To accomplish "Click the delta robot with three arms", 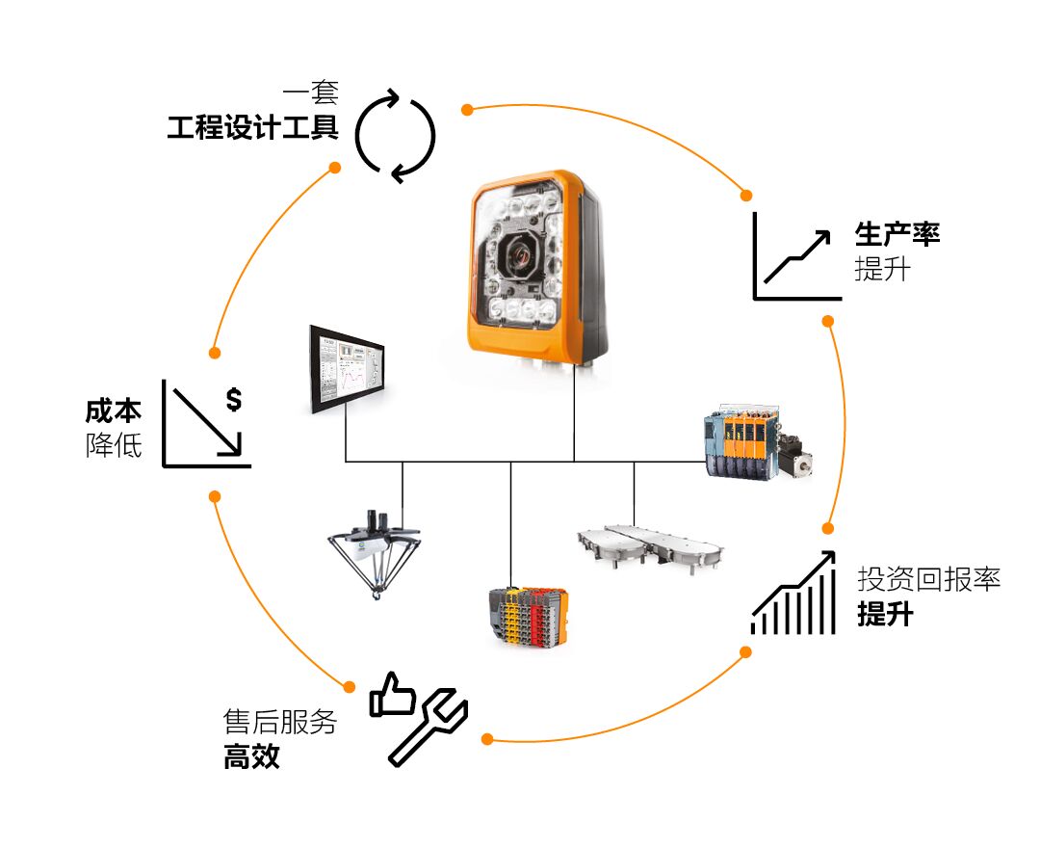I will [x=374, y=553].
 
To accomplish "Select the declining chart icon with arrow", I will [x=204, y=424].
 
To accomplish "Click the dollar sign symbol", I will [x=233, y=399].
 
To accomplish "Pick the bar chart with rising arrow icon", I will [x=793, y=596].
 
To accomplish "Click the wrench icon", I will [x=428, y=729].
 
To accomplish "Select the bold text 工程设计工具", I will [x=252, y=128].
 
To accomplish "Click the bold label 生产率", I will [x=897, y=233].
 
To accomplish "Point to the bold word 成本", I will [x=114, y=411].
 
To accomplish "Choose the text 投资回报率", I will [x=928, y=579].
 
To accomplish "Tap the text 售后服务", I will [x=279, y=722].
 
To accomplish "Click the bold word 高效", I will [x=251, y=756].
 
